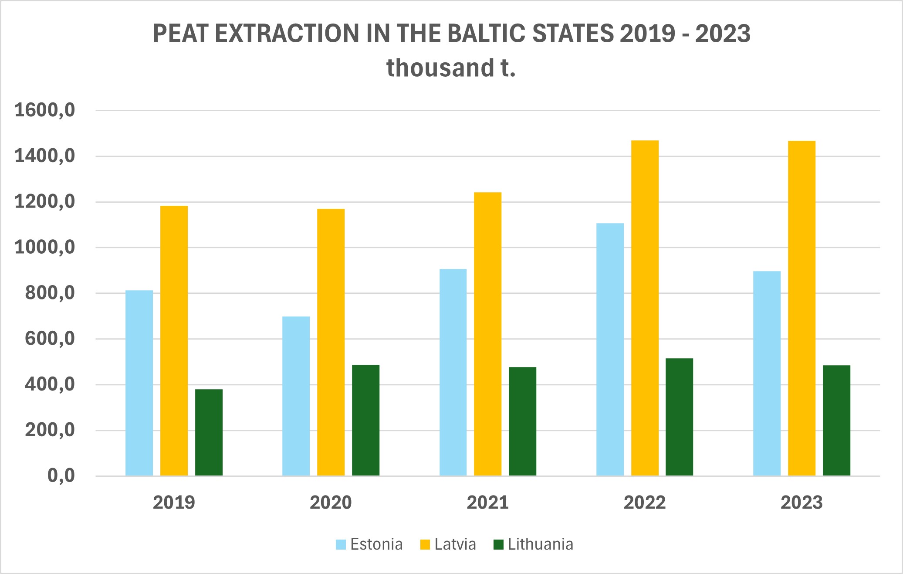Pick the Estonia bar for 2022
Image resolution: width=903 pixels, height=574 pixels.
tap(610, 349)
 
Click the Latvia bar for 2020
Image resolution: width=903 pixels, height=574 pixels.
tap(331, 342)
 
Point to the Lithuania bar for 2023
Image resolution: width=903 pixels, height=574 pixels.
tap(836, 420)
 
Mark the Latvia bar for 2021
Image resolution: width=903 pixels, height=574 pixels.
tap(487, 334)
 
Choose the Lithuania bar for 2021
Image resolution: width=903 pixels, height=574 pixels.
tap(522, 421)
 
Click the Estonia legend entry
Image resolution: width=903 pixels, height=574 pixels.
tap(369, 544)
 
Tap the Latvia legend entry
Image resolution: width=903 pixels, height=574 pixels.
tap(448, 544)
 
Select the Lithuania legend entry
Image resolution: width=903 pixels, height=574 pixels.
tap(534, 544)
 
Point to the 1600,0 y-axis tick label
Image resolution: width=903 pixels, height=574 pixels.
tap(45, 110)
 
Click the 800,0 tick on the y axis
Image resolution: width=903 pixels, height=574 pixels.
tap(50, 293)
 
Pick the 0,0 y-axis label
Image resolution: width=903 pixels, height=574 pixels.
tap(61, 476)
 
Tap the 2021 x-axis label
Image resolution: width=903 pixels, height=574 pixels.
tap(487, 503)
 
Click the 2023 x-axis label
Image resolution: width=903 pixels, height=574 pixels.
tap(802, 503)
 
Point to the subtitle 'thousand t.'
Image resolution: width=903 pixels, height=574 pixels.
tap(451, 68)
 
